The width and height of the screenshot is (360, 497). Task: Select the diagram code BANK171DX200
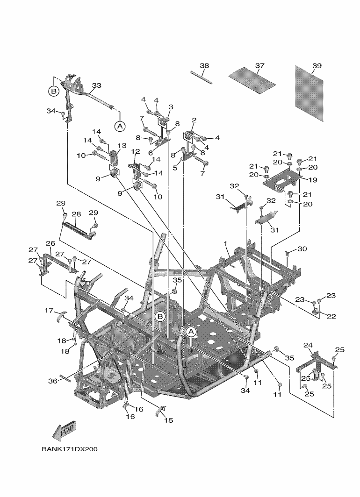point(69,449)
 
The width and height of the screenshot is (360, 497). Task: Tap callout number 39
point(317,65)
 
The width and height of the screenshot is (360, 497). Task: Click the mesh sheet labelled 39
point(309,93)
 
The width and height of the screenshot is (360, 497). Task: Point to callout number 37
point(260,65)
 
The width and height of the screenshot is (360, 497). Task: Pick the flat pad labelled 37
point(252,81)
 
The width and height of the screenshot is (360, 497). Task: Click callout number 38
point(205,65)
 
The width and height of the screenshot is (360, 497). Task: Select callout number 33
point(97,85)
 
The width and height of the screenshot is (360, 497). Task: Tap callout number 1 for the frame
point(225,243)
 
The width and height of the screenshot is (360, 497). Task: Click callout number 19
point(313,180)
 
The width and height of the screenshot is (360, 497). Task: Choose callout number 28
point(76,214)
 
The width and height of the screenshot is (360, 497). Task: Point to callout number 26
point(50,243)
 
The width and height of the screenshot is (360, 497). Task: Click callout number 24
point(308,345)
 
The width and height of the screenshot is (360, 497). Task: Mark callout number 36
point(53,381)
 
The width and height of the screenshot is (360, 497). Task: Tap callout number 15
point(169,420)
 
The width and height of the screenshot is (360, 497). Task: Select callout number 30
point(302,249)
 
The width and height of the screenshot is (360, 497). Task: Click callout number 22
point(331,316)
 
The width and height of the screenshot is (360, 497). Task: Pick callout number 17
point(49,310)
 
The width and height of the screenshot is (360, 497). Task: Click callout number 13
point(122,145)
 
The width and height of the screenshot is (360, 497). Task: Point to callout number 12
point(136,151)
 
